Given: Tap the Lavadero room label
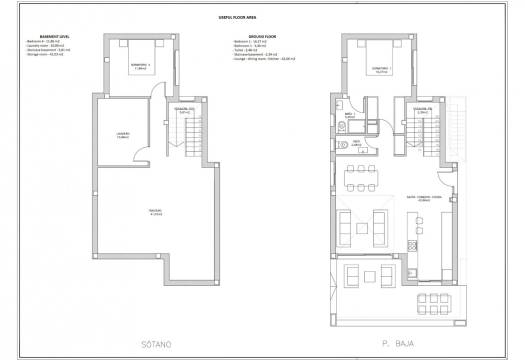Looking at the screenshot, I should pyautogui.click(x=122, y=136).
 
